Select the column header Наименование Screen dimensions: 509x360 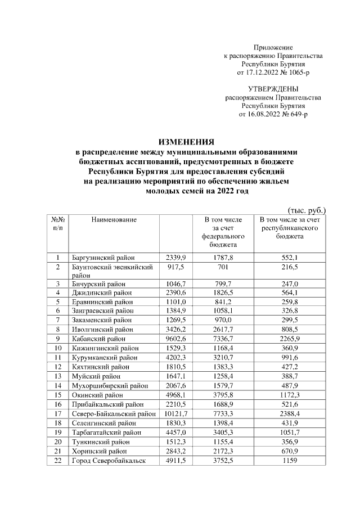(x=114, y=219)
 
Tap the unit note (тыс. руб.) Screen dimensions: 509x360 (x=307, y=210)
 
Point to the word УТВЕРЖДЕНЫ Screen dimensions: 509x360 (x=273, y=89)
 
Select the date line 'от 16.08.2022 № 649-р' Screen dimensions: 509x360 (x=273, y=114)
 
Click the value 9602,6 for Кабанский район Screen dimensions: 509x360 (x=175, y=339)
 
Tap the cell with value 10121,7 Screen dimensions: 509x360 (x=175, y=413)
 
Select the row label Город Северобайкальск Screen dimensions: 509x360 (x=109, y=461)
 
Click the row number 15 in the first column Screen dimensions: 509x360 (x=57, y=395)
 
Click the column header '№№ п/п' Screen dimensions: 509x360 (x=57, y=223)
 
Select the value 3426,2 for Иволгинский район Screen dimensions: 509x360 (x=175, y=330)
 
